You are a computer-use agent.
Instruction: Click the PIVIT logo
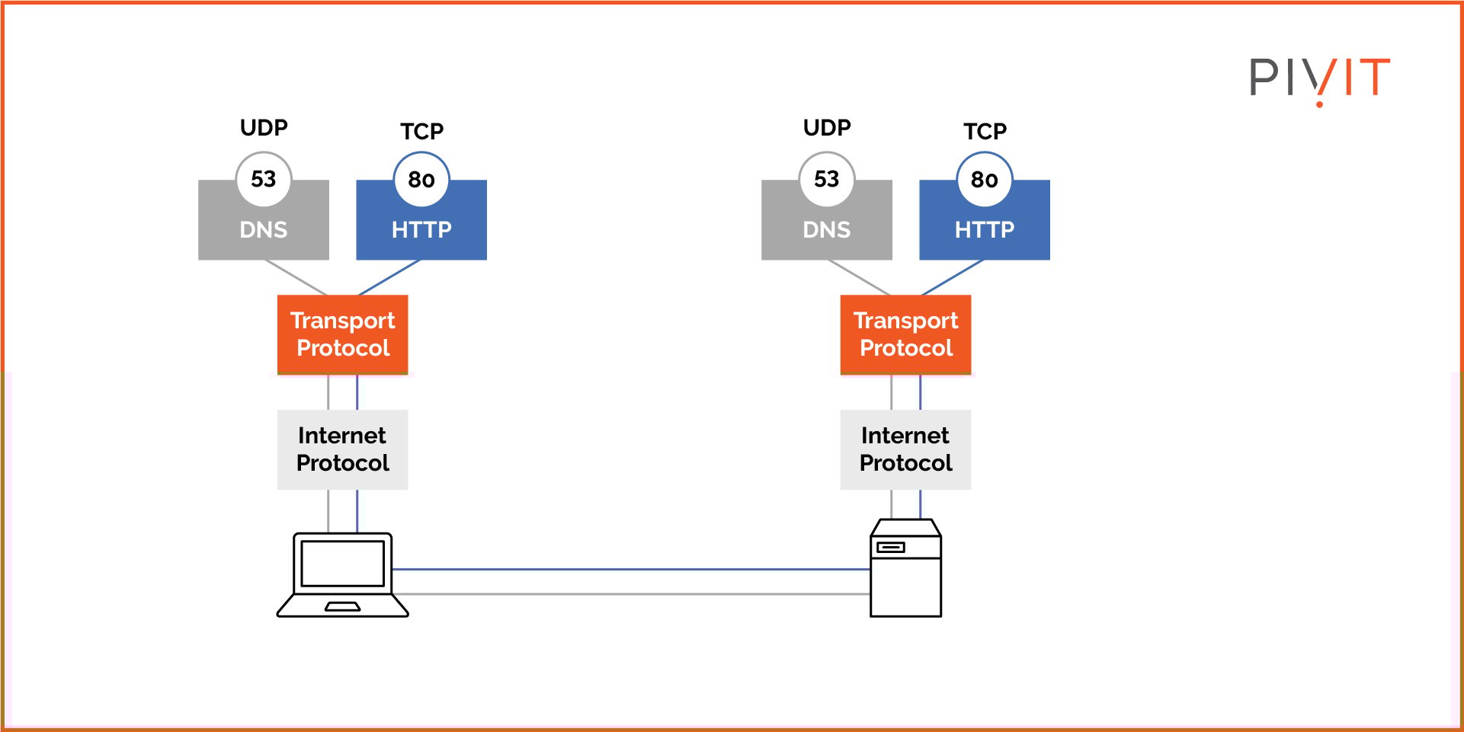pos(1319,79)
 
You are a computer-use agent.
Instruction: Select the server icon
pos(905,569)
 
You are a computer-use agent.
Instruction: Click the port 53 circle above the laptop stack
pos(263,179)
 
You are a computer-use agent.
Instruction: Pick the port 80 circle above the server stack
pos(984,180)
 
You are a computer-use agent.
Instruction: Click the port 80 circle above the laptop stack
pos(421,180)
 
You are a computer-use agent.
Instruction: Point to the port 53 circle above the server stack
pos(826,179)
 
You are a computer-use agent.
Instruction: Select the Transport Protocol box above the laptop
pos(342,334)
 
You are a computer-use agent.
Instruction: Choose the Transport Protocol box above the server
pos(905,334)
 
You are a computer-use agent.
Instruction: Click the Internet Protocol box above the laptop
pos(342,449)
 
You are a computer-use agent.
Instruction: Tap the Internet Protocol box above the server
pos(905,449)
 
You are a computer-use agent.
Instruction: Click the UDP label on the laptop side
pos(264,127)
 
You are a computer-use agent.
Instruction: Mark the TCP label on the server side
pos(985,131)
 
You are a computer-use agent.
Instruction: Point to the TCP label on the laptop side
pos(421,131)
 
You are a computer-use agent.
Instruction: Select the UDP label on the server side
pos(827,127)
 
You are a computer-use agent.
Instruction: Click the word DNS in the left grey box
pos(263,229)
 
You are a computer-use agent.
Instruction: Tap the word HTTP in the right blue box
pos(984,229)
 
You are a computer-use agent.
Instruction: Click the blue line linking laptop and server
pos(631,569)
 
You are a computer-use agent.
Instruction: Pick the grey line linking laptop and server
pos(631,594)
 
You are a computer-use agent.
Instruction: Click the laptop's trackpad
pos(342,607)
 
